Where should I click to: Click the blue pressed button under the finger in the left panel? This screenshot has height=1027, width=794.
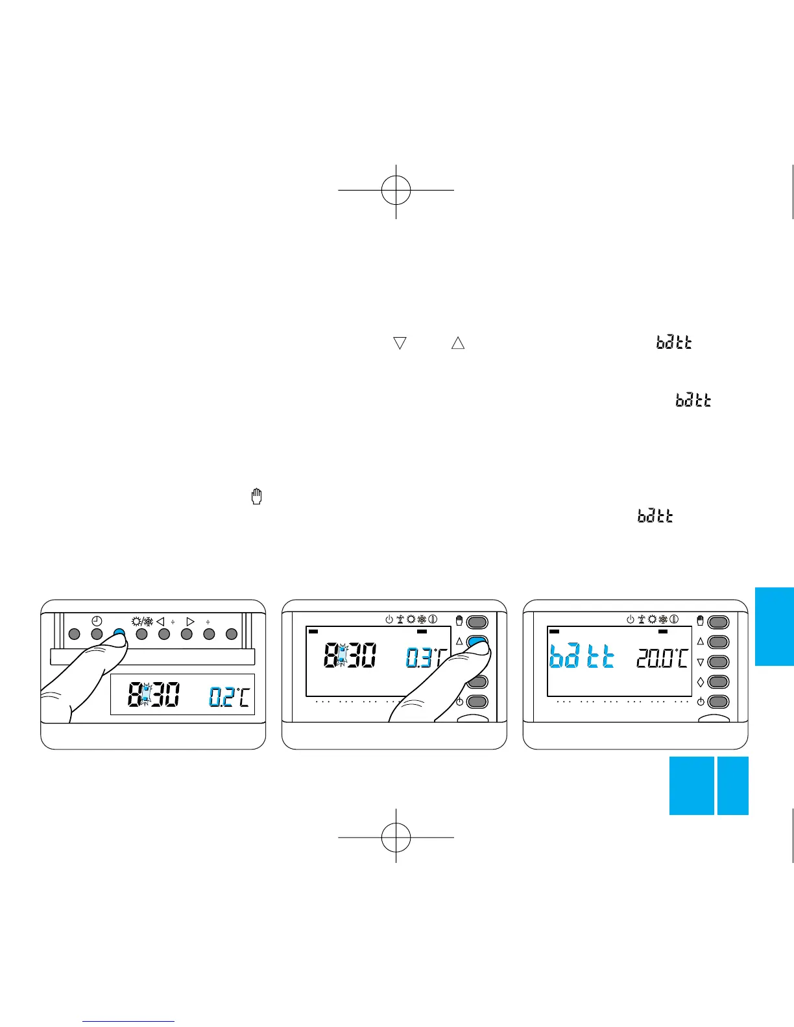click(x=119, y=634)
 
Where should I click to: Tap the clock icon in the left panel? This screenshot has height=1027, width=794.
click(x=97, y=620)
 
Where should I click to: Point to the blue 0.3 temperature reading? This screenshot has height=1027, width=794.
click(x=418, y=658)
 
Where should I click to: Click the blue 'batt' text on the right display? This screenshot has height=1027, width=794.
click(x=582, y=658)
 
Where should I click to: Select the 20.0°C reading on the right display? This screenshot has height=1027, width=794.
click(x=662, y=659)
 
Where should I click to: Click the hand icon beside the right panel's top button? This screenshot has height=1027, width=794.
click(x=700, y=621)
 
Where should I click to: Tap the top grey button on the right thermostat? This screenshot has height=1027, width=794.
click(x=718, y=622)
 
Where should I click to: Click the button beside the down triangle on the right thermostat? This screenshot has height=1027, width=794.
click(x=718, y=662)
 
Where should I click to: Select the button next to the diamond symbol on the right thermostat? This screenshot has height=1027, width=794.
click(x=718, y=682)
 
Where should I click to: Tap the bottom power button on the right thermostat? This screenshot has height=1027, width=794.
click(x=718, y=702)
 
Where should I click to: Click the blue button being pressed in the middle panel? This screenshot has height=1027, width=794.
click(x=477, y=643)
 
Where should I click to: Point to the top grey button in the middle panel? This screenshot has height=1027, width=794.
click(x=477, y=622)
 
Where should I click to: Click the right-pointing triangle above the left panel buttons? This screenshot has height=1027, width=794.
click(x=190, y=622)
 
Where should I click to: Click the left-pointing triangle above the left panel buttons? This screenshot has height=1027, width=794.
click(x=160, y=622)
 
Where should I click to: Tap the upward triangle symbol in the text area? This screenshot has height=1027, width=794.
click(x=458, y=343)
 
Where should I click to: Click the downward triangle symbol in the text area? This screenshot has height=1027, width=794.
click(x=400, y=343)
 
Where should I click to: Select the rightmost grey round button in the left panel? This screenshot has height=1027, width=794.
click(x=232, y=634)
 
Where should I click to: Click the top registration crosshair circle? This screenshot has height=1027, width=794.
click(x=396, y=190)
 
